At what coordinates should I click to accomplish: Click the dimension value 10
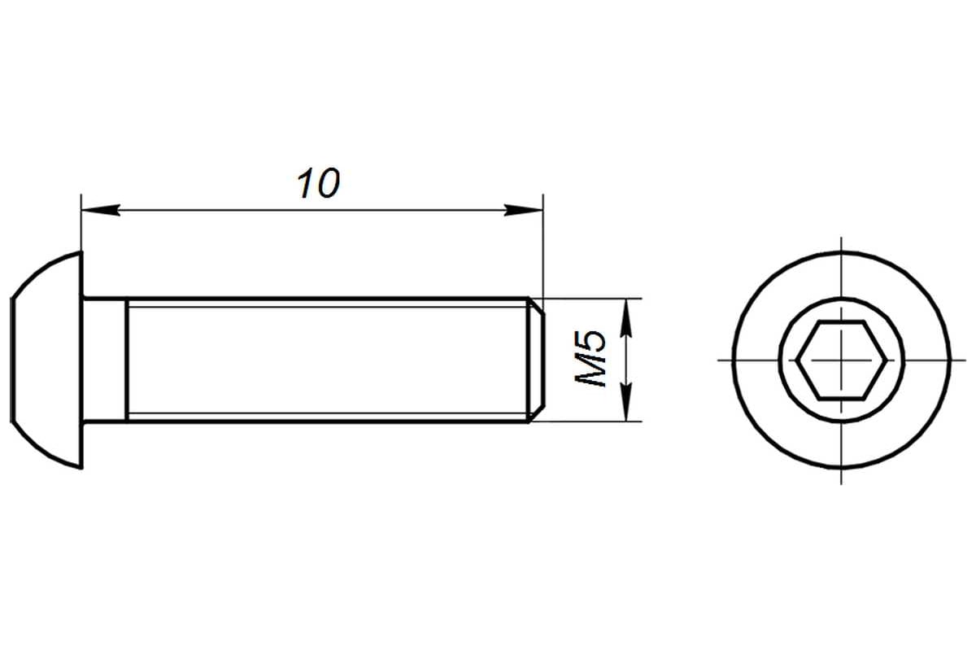click(x=319, y=183)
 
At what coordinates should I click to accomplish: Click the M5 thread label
click(x=590, y=359)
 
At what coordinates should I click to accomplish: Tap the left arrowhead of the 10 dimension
click(x=101, y=210)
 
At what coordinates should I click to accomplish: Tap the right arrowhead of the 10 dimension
click(x=523, y=210)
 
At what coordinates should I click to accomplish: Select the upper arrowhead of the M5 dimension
click(x=626, y=318)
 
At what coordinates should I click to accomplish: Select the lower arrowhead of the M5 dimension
click(x=626, y=402)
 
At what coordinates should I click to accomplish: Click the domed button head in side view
click(x=47, y=360)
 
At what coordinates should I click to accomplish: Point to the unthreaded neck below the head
click(x=105, y=360)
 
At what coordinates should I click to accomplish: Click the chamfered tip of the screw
click(x=537, y=360)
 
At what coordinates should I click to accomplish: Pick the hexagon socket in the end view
click(x=841, y=360)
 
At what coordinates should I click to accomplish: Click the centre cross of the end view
click(x=841, y=360)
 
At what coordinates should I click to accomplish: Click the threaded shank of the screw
click(x=328, y=360)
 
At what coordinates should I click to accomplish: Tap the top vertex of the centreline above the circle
click(x=841, y=238)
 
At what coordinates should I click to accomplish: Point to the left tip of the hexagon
click(x=797, y=360)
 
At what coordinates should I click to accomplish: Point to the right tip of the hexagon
click(x=887, y=360)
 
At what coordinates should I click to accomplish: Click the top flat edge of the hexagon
click(x=841, y=322)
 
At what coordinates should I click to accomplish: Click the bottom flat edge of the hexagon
click(x=841, y=399)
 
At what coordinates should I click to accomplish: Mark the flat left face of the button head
click(x=11, y=360)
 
